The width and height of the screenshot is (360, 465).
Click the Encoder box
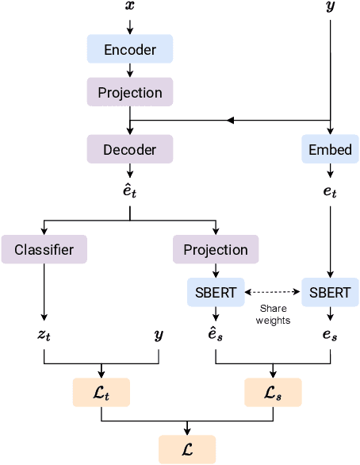point(130,50)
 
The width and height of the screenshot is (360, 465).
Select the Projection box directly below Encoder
point(130,93)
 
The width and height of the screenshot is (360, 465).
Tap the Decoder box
point(130,148)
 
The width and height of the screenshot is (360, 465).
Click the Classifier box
point(44,249)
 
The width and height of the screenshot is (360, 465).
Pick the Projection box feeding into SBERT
point(216,249)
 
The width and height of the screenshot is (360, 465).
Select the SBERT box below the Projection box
point(216,292)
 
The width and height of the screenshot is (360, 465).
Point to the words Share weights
point(272,315)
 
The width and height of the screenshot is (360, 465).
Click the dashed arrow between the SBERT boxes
point(272,292)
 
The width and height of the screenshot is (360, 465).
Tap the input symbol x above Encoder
point(130,6)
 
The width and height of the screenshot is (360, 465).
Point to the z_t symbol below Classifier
point(44,336)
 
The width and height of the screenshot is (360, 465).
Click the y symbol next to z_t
point(159,336)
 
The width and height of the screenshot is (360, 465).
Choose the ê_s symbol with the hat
point(216,334)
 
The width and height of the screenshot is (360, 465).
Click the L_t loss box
point(101,393)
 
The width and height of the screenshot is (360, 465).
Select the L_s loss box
point(273,393)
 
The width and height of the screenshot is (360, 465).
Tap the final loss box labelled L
point(187,449)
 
